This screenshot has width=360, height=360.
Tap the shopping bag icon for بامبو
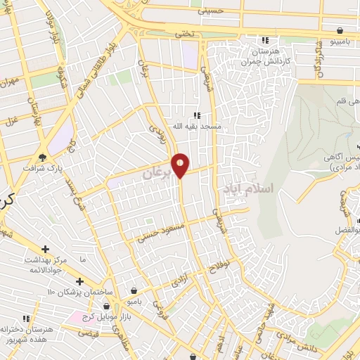(x=134, y=290)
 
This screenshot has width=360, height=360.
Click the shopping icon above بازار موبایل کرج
(x=106, y=306)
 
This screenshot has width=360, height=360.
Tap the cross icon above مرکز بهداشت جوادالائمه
(x=46, y=249)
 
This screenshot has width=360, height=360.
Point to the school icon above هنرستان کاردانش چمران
(x=265, y=40)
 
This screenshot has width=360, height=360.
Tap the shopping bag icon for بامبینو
(x=341, y=31)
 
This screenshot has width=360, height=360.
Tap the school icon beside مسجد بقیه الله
(x=198, y=115)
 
